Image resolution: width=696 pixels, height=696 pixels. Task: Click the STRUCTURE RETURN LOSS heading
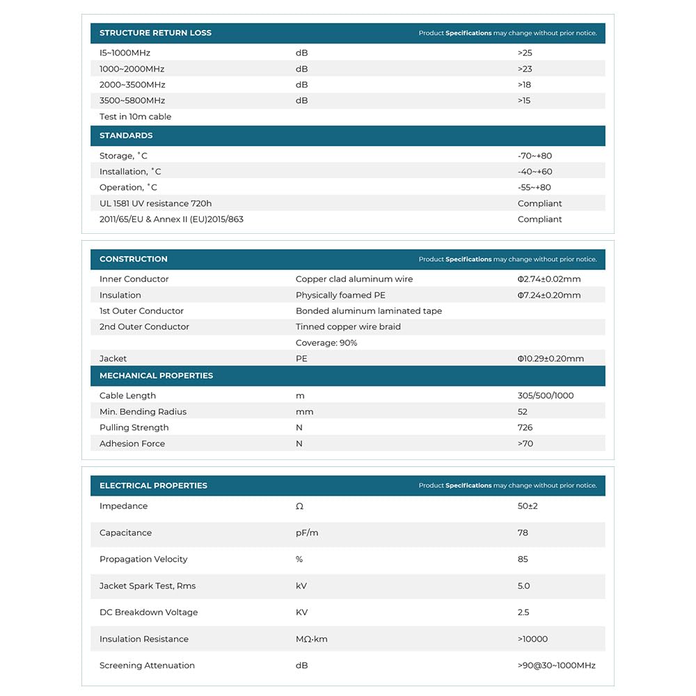pyautogui.click(x=155, y=33)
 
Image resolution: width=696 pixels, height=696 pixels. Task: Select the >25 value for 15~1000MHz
pyautogui.click(x=525, y=53)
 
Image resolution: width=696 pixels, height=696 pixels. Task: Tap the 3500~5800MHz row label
pyautogui.click(x=132, y=100)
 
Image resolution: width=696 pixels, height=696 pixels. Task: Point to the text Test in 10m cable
pyautogui.click(x=135, y=116)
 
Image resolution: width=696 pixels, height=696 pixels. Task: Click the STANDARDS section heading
pyautogui.click(x=126, y=135)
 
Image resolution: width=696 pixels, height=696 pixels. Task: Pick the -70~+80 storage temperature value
pyautogui.click(x=535, y=156)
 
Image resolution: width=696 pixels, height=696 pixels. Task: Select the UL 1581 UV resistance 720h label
pyautogui.click(x=155, y=203)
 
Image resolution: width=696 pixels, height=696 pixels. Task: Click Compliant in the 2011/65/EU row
pyautogui.click(x=539, y=219)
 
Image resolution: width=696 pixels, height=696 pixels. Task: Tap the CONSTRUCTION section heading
pyautogui.click(x=134, y=259)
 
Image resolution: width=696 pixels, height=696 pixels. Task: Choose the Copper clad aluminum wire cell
pyautogui.click(x=354, y=279)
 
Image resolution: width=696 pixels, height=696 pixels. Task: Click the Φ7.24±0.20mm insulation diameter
pyautogui.click(x=549, y=295)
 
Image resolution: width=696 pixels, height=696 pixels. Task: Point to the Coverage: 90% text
pyautogui.click(x=326, y=342)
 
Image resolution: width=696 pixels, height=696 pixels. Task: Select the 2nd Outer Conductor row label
pyautogui.click(x=144, y=326)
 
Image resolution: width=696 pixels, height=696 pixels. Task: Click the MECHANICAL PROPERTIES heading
pyautogui.click(x=156, y=375)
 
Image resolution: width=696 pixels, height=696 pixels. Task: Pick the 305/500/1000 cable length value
pyautogui.click(x=546, y=395)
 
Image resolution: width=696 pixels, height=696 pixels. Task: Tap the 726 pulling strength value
pyautogui.click(x=525, y=427)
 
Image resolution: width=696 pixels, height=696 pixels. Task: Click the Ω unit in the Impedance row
pyautogui.click(x=299, y=506)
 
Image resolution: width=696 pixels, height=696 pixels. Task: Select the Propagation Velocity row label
pyautogui.click(x=143, y=559)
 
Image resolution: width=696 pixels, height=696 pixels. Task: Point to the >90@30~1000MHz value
pyautogui.click(x=556, y=665)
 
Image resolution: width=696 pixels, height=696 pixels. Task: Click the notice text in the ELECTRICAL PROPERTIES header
pyautogui.click(x=507, y=485)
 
